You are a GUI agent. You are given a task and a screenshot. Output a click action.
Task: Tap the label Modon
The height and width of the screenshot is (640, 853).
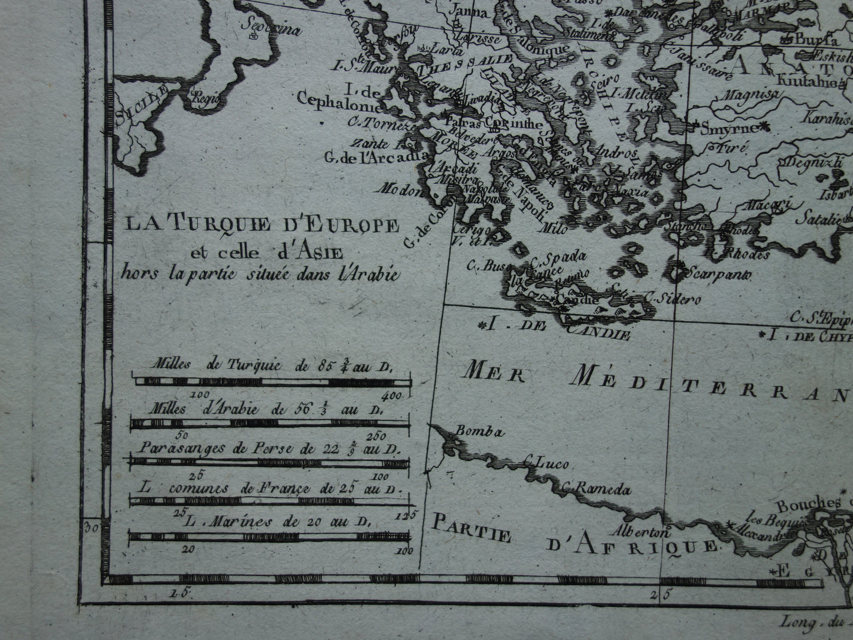click(403, 191)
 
